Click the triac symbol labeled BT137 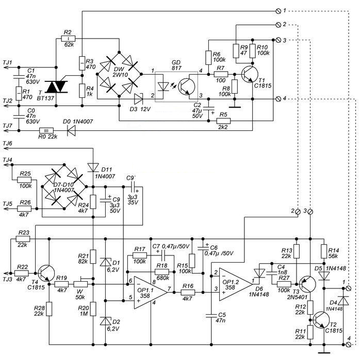(x=56, y=87)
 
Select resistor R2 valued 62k (x=69, y=39)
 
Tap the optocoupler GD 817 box (x=176, y=87)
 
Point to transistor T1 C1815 (x=249, y=74)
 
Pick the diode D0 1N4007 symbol (x=71, y=131)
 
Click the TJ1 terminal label (x=8, y=62)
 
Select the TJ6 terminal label (x=8, y=144)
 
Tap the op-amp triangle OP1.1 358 (x=151, y=293)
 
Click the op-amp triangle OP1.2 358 (x=236, y=284)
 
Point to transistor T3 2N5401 (x=307, y=284)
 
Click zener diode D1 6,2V (x=105, y=262)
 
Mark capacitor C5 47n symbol (x=211, y=316)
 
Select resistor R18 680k (x=162, y=272)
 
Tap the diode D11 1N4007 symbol (x=93, y=167)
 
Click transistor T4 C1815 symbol (x=46, y=273)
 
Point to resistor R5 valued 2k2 (x=223, y=121)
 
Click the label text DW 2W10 (x=119, y=72)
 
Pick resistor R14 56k (x=324, y=251)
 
